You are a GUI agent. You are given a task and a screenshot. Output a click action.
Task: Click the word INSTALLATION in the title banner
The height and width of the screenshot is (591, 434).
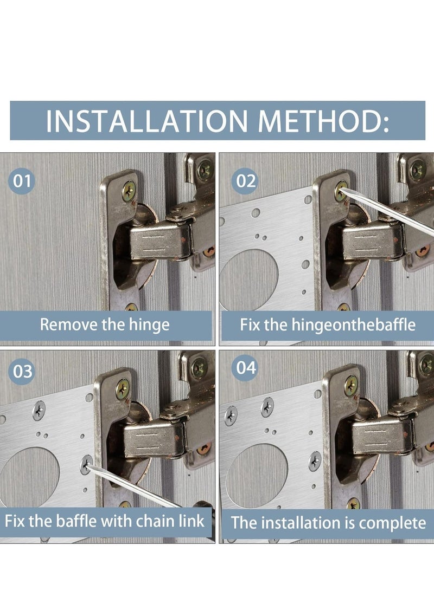[x=147, y=121]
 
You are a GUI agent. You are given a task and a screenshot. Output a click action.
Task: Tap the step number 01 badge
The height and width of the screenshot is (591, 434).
[x=22, y=181]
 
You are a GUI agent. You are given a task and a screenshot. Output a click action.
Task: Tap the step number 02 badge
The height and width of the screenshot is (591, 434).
[x=246, y=181]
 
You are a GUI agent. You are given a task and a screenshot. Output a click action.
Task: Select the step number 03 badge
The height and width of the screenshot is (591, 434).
[x=22, y=371]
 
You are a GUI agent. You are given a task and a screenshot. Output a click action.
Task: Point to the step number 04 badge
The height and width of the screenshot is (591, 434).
[x=246, y=367]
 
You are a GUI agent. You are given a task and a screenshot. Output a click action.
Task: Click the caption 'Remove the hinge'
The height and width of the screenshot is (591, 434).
[x=105, y=325]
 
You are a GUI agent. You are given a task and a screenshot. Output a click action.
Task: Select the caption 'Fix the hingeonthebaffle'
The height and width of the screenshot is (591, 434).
[x=328, y=325]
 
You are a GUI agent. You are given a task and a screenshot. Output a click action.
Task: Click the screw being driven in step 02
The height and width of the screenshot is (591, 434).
[x=341, y=191]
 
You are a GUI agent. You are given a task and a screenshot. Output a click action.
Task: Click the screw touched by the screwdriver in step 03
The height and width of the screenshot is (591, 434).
[x=86, y=464]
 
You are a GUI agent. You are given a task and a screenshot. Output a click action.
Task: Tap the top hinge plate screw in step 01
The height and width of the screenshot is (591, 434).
[x=129, y=191]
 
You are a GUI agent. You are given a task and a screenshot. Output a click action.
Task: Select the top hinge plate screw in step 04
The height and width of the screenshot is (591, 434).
[x=351, y=385]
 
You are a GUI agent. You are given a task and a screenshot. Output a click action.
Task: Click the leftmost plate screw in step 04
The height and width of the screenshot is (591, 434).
[x=231, y=415]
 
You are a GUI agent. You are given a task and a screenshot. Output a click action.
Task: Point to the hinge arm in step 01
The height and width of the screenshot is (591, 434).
[x=158, y=241]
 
